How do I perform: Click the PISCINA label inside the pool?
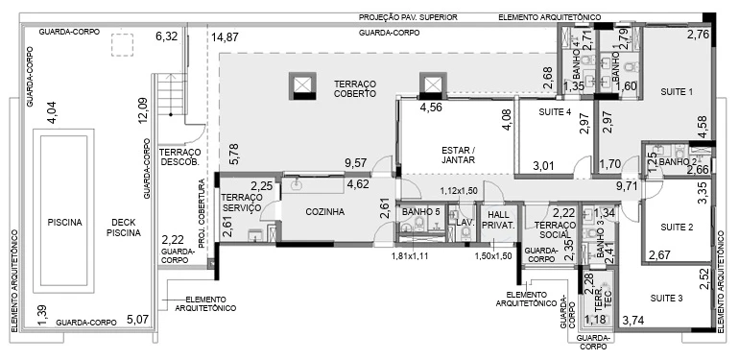pos(64,222)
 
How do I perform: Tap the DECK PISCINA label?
pos(124,228)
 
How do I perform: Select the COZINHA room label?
pos(324,212)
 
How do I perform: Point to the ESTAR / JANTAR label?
pos(458,155)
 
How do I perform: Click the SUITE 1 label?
pos(677,92)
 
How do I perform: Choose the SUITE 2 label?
pos(677,228)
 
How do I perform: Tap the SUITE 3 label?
pos(666,298)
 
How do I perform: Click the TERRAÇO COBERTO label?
pos(355,88)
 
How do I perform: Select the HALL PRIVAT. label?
pos(499,219)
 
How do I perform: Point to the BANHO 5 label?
pos(421,212)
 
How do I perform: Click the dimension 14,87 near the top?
pos(225,37)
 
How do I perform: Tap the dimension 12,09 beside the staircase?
pos(142,110)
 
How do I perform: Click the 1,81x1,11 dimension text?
pos(410,256)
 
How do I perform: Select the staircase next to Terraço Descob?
pos(172,94)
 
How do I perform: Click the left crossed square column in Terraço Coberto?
pos(302,85)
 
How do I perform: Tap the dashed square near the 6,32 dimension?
pos(122,45)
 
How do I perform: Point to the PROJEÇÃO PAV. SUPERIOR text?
pos(408,17)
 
